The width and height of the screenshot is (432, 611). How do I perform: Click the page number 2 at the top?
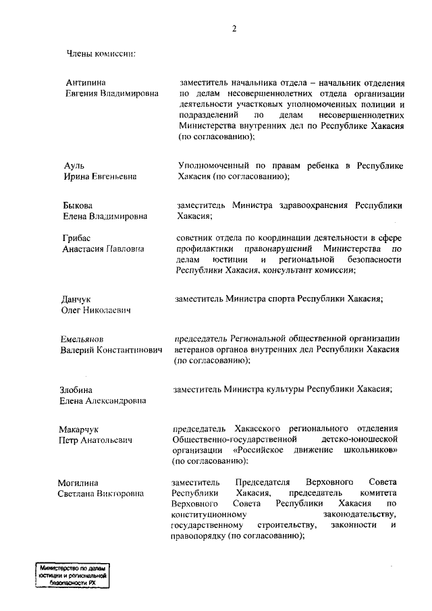[234, 28]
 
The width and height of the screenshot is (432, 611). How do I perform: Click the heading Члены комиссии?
[101, 53]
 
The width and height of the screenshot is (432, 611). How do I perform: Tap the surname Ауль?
[76, 165]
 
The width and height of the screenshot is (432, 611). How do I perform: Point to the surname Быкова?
[79, 205]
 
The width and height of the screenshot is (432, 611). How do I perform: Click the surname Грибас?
[78, 238]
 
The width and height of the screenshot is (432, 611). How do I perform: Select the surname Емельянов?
[85, 339]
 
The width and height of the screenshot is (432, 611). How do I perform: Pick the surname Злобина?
[76, 390]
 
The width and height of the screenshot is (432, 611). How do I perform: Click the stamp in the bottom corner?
[74, 577]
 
